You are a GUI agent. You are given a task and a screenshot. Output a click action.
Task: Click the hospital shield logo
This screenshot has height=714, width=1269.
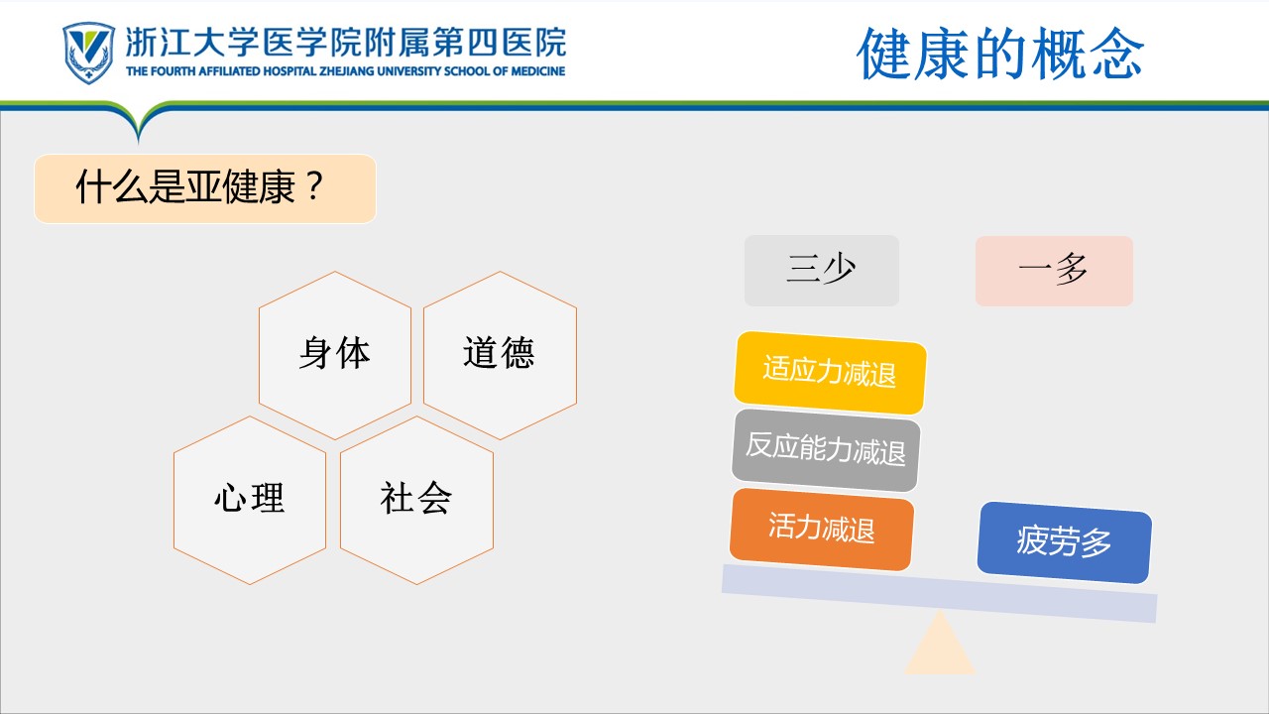point(88,53)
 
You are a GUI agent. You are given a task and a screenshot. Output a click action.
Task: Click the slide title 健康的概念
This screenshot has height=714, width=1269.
point(1000,54)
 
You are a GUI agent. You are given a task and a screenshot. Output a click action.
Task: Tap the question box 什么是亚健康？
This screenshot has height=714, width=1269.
point(205,188)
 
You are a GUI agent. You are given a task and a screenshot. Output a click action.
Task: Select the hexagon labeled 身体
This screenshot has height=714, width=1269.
point(335,355)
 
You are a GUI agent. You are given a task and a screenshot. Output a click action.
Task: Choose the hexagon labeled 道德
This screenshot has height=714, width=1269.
point(500,355)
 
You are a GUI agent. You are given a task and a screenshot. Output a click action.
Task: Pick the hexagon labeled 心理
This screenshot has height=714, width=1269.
point(250,500)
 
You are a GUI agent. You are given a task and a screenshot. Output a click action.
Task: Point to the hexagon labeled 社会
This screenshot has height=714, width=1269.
point(416,500)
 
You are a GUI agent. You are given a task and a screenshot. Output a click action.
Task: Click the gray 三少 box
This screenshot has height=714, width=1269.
point(822,271)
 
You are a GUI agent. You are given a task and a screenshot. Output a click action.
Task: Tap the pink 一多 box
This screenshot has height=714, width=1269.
point(1054,271)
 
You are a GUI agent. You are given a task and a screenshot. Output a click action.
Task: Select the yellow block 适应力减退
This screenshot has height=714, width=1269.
point(830,372)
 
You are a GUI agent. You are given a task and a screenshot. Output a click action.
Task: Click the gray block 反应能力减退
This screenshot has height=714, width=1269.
point(826,450)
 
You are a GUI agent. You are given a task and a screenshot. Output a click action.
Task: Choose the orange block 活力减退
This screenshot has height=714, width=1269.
point(822,529)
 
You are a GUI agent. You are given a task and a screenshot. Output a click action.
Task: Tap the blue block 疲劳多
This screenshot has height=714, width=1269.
point(1065,542)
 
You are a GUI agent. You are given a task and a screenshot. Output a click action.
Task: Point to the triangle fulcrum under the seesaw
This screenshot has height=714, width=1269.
point(940,646)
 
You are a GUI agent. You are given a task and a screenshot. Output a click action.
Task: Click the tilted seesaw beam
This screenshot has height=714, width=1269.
point(939,593)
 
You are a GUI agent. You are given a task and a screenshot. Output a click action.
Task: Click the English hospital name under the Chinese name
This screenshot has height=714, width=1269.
point(346,71)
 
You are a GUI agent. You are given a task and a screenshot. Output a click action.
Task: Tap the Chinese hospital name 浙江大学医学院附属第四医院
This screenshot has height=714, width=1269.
point(346,43)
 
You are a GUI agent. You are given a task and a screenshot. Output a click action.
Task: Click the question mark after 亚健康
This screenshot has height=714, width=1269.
point(313,186)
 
